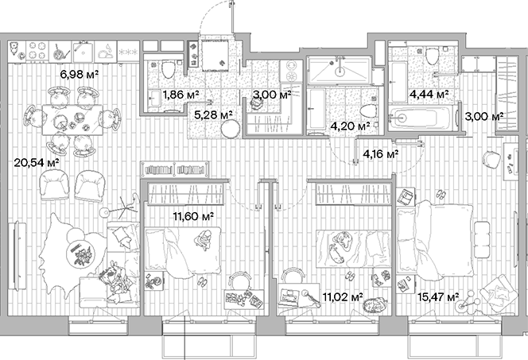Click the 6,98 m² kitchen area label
80,75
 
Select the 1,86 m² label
181,95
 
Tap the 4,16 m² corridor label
380,154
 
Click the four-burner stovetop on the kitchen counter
37,50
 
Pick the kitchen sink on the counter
104,50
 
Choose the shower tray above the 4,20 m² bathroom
338,71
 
